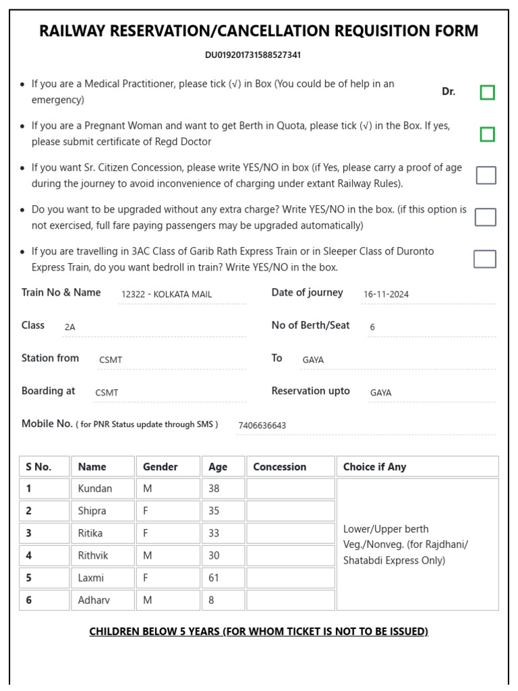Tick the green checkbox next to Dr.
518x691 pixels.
click(487, 92)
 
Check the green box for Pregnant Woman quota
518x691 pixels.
click(487, 134)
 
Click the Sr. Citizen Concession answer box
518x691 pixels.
click(486, 175)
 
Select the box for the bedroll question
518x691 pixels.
click(484, 259)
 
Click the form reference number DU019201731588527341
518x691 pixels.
click(253, 55)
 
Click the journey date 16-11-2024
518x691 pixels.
click(386, 294)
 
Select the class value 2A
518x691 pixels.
click(70, 327)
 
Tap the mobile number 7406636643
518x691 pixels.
click(262, 425)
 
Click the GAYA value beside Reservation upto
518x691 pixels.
click(380, 393)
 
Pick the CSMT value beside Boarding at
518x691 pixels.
click(107, 393)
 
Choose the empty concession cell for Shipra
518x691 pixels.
click(290, 511)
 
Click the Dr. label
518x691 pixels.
click(449, 91)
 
